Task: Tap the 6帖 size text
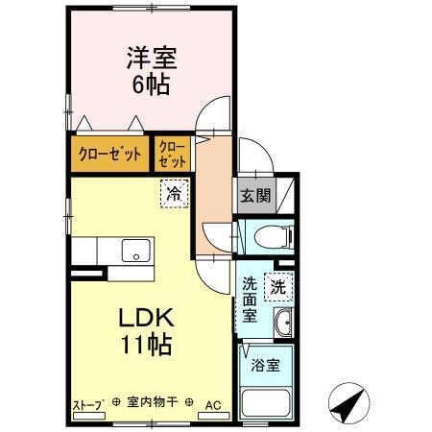pyautogui.click(x=149, y=84)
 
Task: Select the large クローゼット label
pyautogui.click(x=110, y=154)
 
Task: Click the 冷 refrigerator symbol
pyautogui.click(x=174, y=193)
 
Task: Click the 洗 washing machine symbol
pyautogui.click(x=277, y=285)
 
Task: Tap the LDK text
pyautogui.click(x=145, y=318)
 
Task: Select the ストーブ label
pyautogui.click(x=87, y=404)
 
